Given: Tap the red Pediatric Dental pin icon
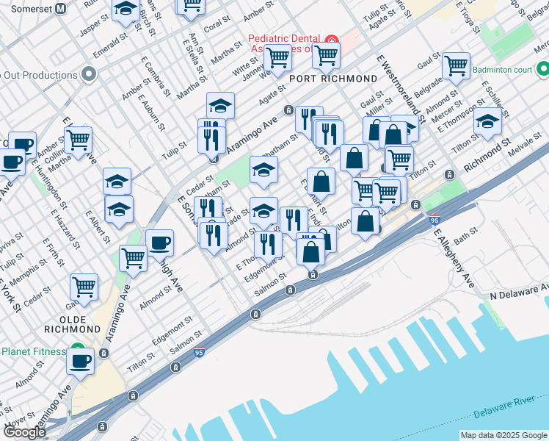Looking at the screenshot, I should (331, 39).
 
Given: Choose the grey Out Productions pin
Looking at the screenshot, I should (90, 74).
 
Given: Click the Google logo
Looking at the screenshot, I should (24, 432).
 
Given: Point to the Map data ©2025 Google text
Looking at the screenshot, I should (503, 435).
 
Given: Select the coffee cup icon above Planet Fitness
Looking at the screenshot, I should (81, 362).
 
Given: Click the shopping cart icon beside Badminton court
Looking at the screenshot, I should (457, 66).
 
